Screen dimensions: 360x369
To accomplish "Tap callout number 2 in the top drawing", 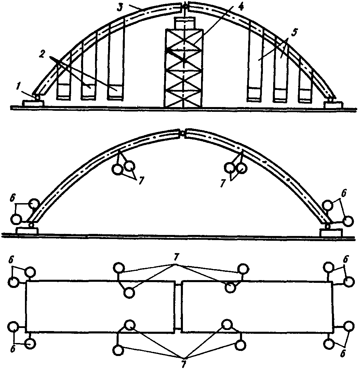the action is coord(42,54).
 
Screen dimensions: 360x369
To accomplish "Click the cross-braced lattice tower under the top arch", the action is coord(184,68).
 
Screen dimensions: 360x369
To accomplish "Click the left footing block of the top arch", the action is coord(33,103).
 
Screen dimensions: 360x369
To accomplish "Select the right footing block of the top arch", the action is coord(333,104).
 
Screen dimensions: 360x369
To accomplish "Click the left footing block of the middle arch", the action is coord(28,230).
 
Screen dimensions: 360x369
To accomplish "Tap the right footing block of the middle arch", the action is coord(331,233).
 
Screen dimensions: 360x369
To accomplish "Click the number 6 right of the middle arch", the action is coord(344,194).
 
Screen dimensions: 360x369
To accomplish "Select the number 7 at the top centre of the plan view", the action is coord(175,259).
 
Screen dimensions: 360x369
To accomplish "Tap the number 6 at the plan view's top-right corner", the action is coord(346,260).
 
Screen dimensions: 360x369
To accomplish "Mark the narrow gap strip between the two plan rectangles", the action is coord(178,306).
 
